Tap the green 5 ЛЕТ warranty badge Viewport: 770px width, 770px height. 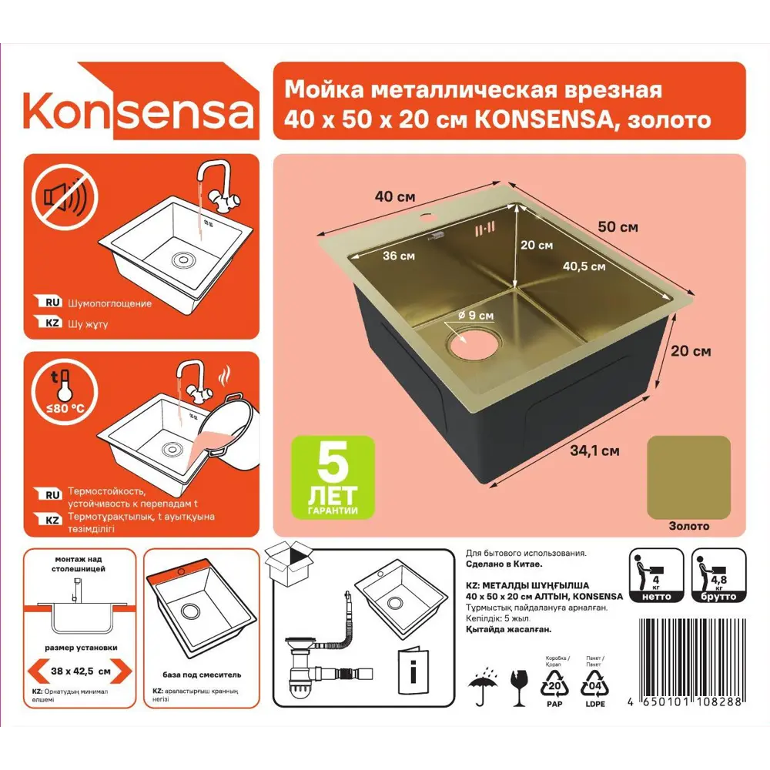coord(333,476)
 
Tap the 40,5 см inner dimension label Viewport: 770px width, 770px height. coord(584,266)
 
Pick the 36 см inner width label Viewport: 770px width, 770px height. coord(399,256)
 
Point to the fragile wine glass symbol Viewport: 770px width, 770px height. coord(520,687)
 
